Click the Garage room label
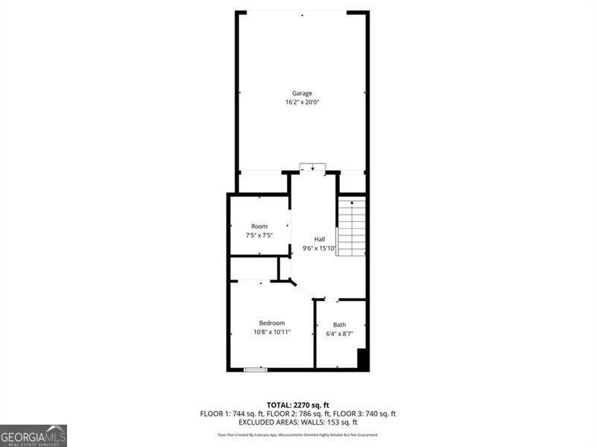pos(302,93)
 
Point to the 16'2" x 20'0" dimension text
pos(302,102)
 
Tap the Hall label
pos(319,239)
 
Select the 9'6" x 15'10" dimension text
pos(319,248)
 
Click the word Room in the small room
pos(259,226)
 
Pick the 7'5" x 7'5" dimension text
pos(259,235)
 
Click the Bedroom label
pos(272,323)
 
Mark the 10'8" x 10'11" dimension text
pos(272,332)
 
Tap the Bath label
pos(340,325)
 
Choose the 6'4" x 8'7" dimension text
pos(340,334)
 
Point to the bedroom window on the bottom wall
pos(256,369)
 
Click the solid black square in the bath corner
pos(363,359)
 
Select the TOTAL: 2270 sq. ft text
pos(297,405)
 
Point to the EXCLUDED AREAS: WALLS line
pos(297,422)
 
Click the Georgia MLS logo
pos(34,435)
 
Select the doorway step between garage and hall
pos(313,167)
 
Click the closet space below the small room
pos(253,268)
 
